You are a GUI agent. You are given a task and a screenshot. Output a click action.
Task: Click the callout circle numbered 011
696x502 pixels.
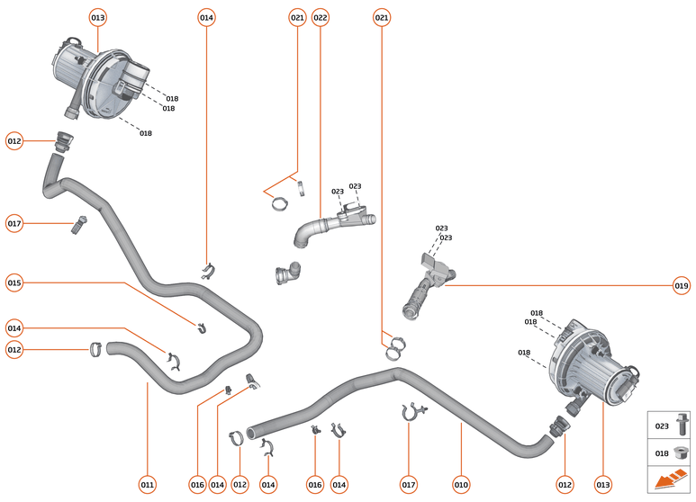click(x=148, y=485)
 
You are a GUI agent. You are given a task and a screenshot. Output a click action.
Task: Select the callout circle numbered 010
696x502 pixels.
click(x=461, y=485)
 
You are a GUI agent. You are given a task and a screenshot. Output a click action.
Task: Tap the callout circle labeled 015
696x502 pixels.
click(x=14, y=283)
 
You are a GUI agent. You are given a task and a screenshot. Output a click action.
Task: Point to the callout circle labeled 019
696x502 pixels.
click(x=682, y=286)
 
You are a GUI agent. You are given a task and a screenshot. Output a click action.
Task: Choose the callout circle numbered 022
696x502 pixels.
click(x=320, y=18)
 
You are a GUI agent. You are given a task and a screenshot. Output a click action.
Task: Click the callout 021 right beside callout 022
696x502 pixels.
click(x=297, y=18)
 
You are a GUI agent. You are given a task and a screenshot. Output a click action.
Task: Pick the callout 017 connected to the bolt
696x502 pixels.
click(x=14, y=223)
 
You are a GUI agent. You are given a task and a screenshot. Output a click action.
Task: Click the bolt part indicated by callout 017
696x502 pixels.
click(x=77, y=225)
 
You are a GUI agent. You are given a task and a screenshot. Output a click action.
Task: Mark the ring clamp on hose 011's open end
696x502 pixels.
click(x=95, y=349)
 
